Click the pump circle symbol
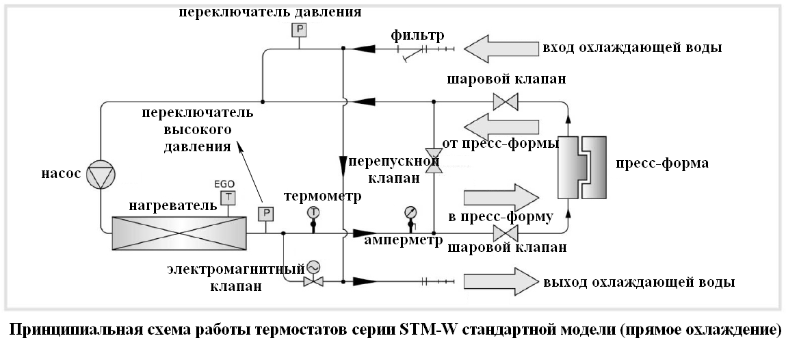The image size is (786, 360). pyautogui.click(x=101, y=175)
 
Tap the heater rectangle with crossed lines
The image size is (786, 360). pyautogui.click(x=179, y=233)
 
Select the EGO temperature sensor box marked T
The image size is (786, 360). pyautogui.click(x=228, y=198)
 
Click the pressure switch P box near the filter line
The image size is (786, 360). pyautogui.click(x=299, y=29)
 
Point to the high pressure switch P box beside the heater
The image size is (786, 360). pyautogui.click(x=265, y=214)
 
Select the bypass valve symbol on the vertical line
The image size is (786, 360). pyautogui.click(x=433, y=161)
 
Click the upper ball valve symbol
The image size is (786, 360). pyautogui.click(x=506, y=102)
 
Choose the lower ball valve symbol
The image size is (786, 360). pyautogui.click(x=506, y=233)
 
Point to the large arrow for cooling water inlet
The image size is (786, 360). pyautogui.click(x=501, y=49)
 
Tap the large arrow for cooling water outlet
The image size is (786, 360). pyautogui.click(x=501, y=281)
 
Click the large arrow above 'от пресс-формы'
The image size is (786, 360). pyautogui.click(x=501, y=127)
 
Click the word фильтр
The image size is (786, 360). pyautogui.click(x=417, y=36)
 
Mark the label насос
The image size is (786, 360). pyautogui.click(x=61, y=173)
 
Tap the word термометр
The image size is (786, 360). pyautogui.click(x=323, y=196)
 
